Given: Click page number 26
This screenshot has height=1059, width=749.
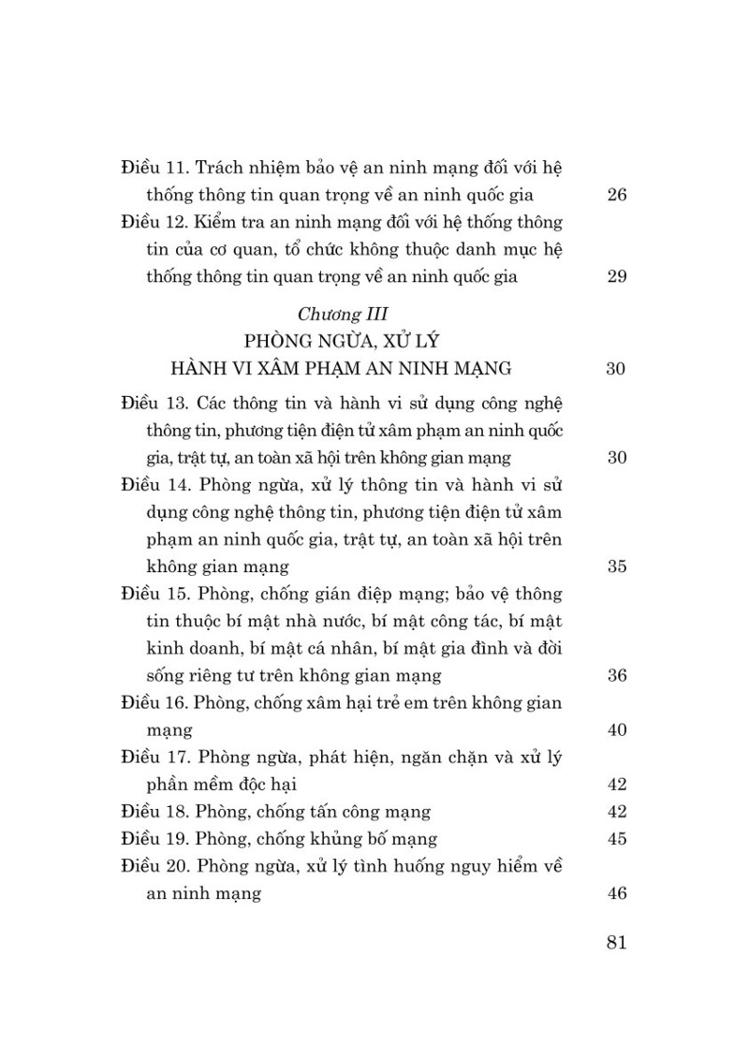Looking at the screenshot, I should pyautogui.click(x=616, y=196).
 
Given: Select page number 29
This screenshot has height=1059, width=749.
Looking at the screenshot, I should pyautogui.click(x=616, y=276).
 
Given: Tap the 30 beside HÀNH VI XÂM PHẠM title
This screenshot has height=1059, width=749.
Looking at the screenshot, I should pyautogui.click(x=616, y=368).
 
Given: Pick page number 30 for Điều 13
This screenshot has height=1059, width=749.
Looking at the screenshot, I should pyautogui.click(x=616, y=457).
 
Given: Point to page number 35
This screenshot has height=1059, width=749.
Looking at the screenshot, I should pyautogui.click(x=616, y=566).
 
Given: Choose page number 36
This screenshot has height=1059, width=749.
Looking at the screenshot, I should pyautogui.click(x=616, y=675).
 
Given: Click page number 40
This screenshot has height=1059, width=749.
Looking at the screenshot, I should pyautogui.click(x=616, y=729).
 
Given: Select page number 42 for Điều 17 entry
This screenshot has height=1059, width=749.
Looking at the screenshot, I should pyautogui.click(x=616, y=784).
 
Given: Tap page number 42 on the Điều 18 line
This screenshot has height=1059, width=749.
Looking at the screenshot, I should pyautogui.click(x=616, y=811).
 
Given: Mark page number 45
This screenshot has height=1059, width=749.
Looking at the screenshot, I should pyautogui.click(x=616, y=838).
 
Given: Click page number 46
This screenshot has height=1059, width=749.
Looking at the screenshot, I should pyautogui.click(x=616, y=892).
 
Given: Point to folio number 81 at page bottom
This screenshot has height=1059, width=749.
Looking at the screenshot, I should pyautogui.click(x=616, y=942).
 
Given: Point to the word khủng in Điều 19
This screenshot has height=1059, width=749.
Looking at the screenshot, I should pyautogui.click(x=326, y=838).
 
